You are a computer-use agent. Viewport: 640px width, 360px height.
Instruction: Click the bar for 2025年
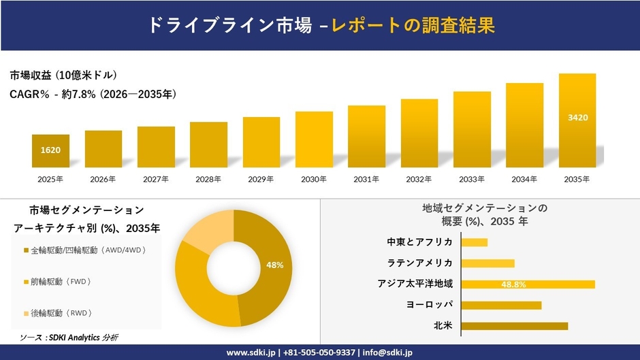(50, 151)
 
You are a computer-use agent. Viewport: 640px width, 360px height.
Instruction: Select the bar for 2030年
(314, 140)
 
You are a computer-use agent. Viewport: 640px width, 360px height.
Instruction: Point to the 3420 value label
(577, 118)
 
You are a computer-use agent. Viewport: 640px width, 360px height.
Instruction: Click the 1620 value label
(50, 150)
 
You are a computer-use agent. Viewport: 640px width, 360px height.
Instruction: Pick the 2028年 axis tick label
(208, 179)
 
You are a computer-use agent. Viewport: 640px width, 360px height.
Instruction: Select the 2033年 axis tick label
(472, 179)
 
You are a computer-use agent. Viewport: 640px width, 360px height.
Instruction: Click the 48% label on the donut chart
(274, 265)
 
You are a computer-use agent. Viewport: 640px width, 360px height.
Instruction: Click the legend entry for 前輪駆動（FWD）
(61, 281)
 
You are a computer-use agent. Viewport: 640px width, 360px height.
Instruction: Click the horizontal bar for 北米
(514, 326)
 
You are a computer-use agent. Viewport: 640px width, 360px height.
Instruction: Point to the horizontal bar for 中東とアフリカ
(475, 242)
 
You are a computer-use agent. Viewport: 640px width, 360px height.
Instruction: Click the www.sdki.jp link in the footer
(250, 353)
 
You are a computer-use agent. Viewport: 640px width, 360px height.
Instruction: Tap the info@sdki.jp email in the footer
(387, 353)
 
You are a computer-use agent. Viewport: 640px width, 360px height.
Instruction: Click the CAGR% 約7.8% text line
(93, 95)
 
